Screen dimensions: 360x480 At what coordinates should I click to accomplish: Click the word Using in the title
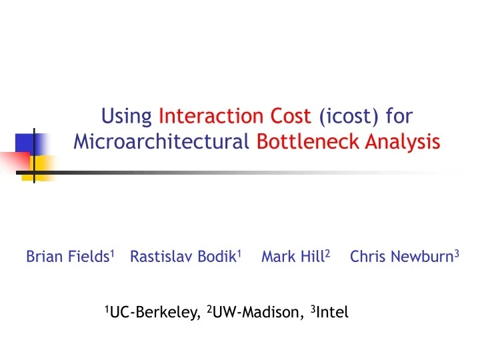pyautogui.click(x=127, y=117)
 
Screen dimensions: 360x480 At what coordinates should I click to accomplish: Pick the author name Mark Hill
pyautogui.click(x=292, y=257)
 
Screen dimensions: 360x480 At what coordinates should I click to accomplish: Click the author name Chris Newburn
pyautogui.click(x=401, y=257)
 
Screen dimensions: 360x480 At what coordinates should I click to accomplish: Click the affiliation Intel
pyautogui.click(x=331, y=312)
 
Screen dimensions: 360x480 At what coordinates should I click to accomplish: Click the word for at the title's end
pyautogui.click(x=399, y=117)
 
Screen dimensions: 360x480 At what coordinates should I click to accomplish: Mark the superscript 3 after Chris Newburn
pyautogui.click(x=457, y=253)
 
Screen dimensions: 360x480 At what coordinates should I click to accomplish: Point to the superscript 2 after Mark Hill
pyautogui.click(x=327, y=253)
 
